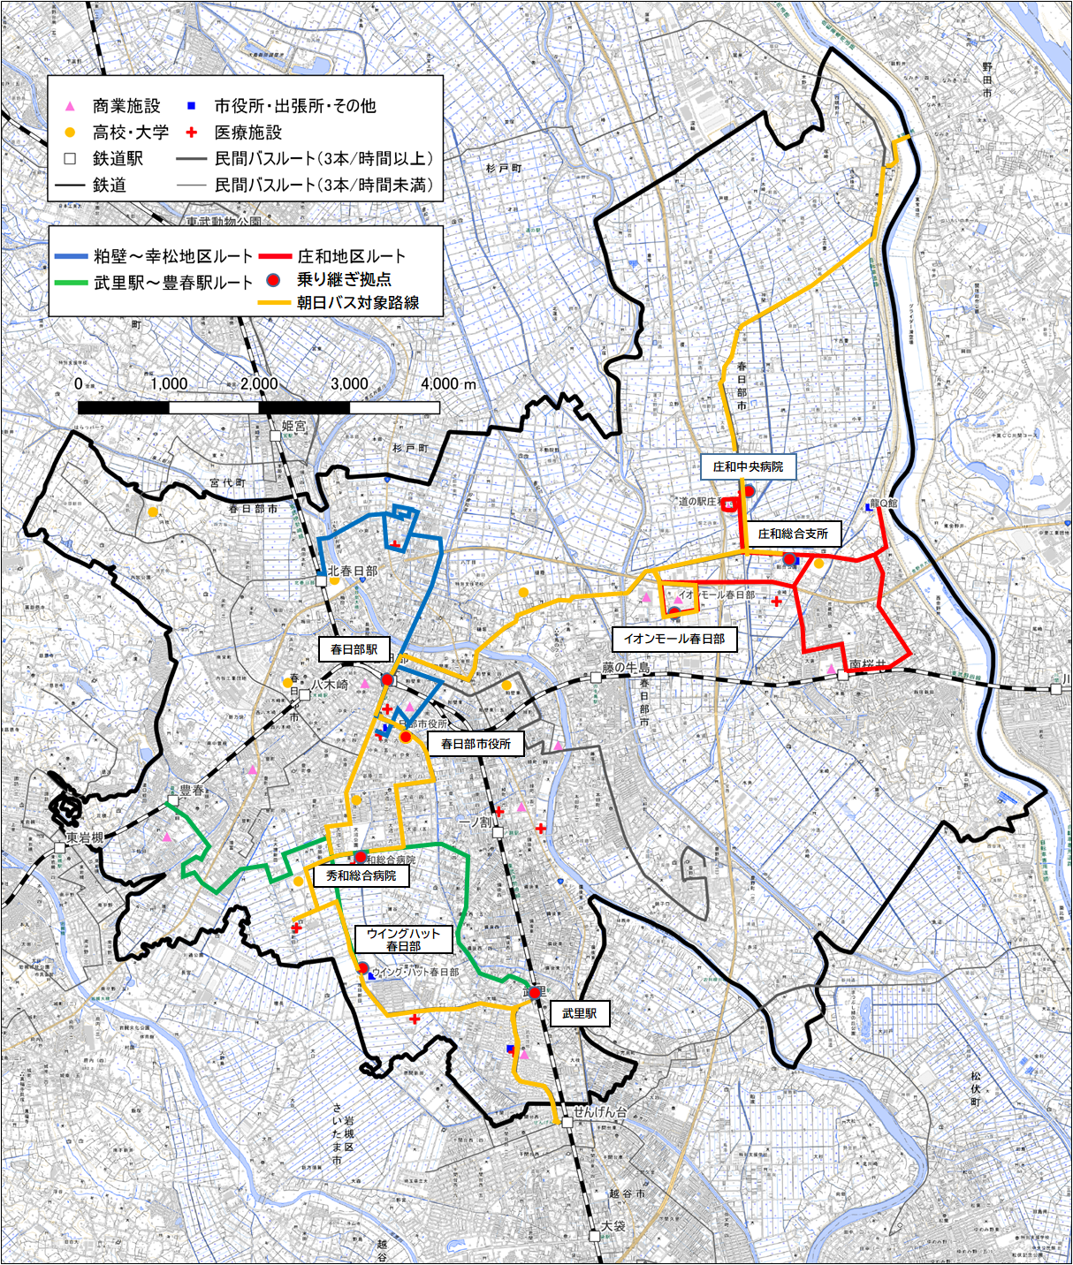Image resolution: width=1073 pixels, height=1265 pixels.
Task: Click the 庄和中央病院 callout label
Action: [x=748, y=466]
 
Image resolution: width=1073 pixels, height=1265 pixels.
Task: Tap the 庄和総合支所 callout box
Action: [x=792, y=534]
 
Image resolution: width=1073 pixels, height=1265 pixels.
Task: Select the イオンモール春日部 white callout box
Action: [x=674, y=639]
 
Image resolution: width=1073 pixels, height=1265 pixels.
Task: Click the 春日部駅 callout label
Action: [x=354, y=649]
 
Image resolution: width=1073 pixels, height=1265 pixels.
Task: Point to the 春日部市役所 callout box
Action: [x=476, y=744]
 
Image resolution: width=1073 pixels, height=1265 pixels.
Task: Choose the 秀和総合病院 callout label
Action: [x=361, y=876]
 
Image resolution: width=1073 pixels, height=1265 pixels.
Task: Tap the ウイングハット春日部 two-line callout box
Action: [x=403, y=940]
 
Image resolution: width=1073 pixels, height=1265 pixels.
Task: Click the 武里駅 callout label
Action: [x=579, y=1013]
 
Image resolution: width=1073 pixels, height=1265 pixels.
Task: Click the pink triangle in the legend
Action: [x=71, y=106]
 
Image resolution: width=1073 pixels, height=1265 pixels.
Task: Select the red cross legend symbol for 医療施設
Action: [x=192, y=133]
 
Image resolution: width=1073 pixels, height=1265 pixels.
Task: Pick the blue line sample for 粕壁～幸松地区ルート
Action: [x=71, y=257]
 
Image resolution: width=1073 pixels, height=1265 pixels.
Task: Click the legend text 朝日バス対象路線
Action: [x=357, y=303]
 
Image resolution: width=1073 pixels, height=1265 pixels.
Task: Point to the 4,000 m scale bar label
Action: [x=448, y=384]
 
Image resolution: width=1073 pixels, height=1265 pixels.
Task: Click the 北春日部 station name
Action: [x=353, y=572]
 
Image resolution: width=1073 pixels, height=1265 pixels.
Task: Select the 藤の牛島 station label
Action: [x=627, y=668]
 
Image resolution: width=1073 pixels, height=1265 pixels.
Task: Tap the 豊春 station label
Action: [x=192, y=791]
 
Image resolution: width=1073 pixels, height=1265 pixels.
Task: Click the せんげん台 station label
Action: [x=600, y=1112]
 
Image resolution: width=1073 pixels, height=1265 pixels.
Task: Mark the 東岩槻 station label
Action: [x=85, y=837]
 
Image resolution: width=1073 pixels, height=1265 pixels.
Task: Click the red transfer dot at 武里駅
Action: [x=535, y=993]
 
